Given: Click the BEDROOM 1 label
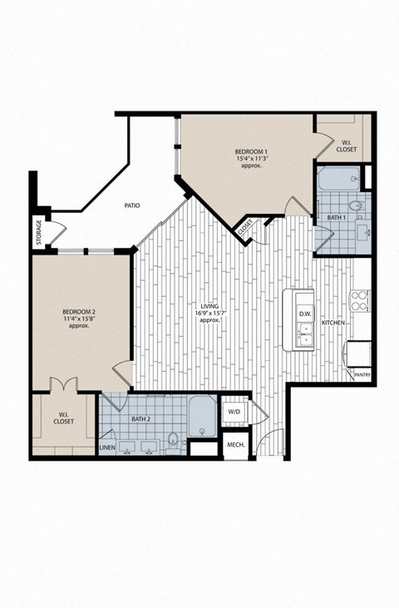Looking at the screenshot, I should [250, 151].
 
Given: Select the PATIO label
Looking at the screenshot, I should [131, 205].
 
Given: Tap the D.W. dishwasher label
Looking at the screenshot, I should [304, 314].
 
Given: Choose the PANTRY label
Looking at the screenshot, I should [362, 376].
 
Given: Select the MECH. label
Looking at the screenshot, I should [235, 446].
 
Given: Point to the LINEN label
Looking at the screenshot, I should [107, 448].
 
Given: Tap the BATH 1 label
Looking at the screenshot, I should [335, 217].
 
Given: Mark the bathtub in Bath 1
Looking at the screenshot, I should [337, 178].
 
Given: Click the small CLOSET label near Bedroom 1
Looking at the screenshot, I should [245, 225].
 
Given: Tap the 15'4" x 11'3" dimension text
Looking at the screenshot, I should [250, 158].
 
